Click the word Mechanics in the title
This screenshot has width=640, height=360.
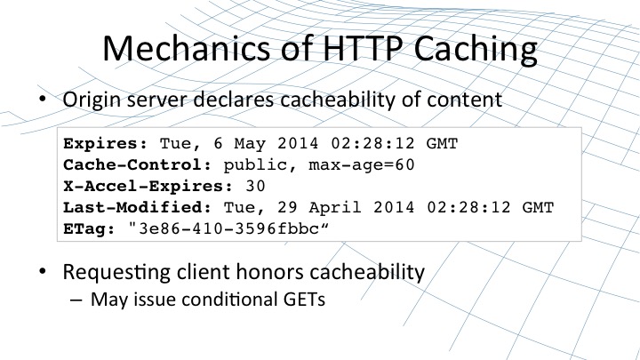tap(186, 48)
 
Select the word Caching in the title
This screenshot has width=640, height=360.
tap(476, 51)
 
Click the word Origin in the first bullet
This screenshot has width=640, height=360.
tap(92, 100)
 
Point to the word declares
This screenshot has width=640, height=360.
tap(234, 100)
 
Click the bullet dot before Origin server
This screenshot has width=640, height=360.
tap(43, 99)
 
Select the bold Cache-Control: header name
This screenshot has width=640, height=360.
tap(138, 165)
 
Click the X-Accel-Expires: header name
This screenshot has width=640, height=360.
tap(148, 186)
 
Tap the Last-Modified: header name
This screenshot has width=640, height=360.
tap(138, 207)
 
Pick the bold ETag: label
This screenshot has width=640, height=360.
tap(90, 229)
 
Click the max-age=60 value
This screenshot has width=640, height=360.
tap(362, 165)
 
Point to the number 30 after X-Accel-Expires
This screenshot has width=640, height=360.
tap(255, 186)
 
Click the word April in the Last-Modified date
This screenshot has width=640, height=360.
tap(335, 208)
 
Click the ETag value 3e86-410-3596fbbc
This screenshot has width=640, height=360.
tap(228, 229)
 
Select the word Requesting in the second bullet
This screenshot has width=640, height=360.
tap(116, 273)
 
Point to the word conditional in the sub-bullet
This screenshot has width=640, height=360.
tap(229, 300)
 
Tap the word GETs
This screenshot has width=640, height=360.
tap(304, 300)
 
